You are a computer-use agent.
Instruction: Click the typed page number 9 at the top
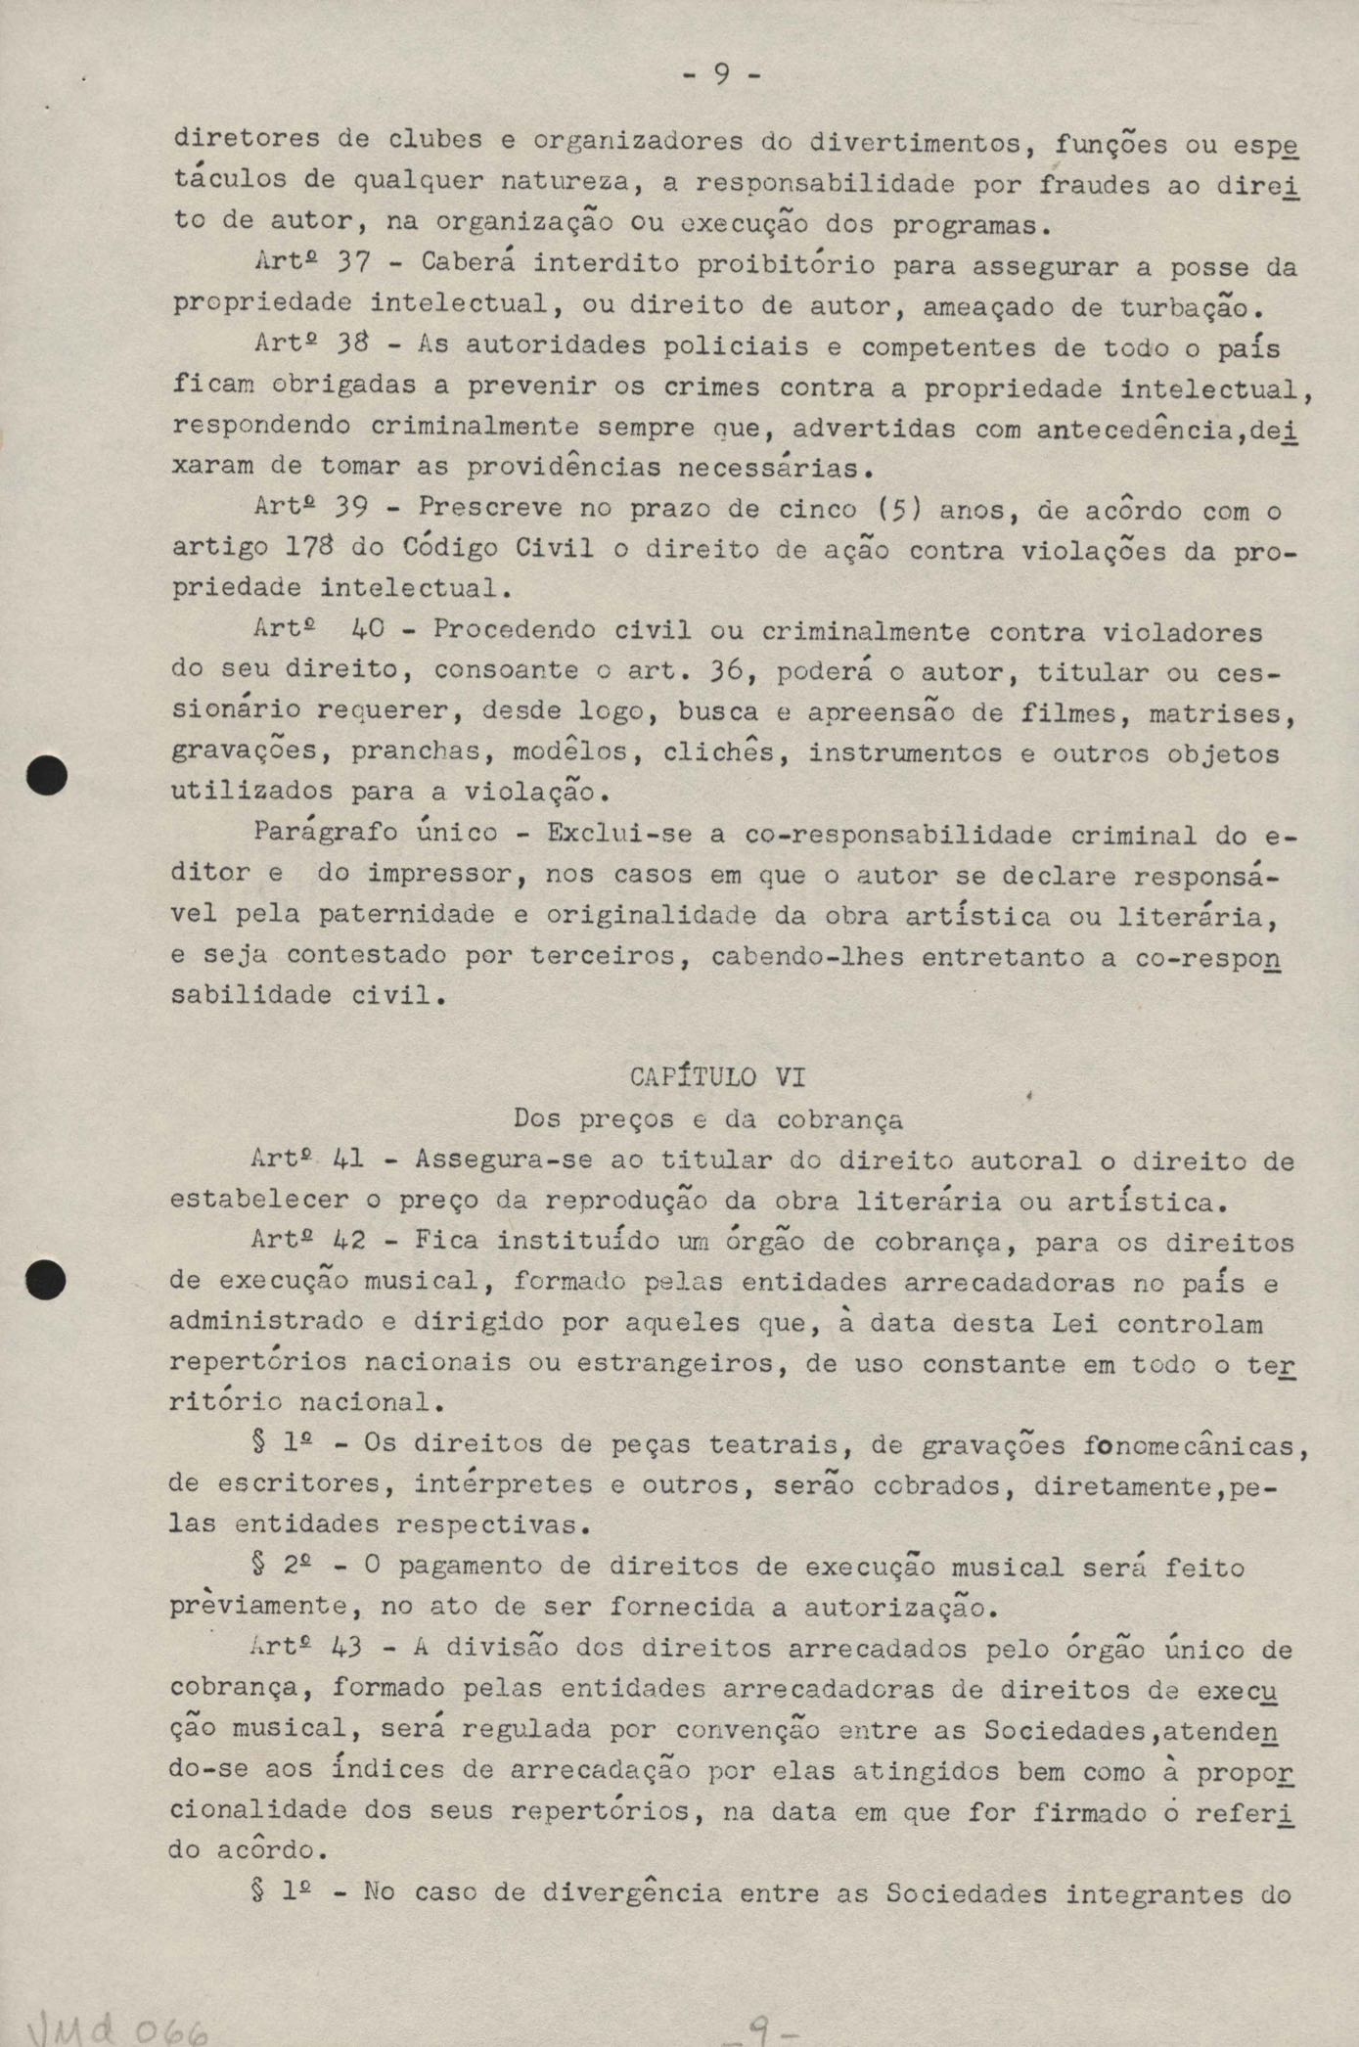(720, 74)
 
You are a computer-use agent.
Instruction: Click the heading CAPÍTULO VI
(718, 1077)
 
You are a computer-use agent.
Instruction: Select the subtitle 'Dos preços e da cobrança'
(708, 1118)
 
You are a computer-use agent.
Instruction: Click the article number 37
(349, 264)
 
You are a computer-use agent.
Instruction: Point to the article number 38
(349, 346)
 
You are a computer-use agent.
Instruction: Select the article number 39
(349, 509)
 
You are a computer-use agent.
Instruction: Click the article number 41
(347, 1160)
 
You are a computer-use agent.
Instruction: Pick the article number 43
(347, 1648)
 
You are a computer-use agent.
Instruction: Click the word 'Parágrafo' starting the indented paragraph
(325, 834)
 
